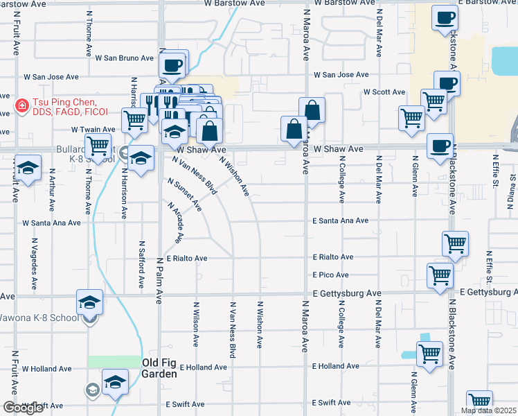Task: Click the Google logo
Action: (x=23, y=408)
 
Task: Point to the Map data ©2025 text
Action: (x=488, y=410)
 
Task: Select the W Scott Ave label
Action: (x=384, y=92)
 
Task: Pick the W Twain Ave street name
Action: (x=93, y=130)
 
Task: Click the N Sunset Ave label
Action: (x=184, y=195)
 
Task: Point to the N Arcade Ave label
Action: (x=174, y=223)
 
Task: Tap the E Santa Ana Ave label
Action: (x=340, y=220)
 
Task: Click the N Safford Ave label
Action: (x=141, y=265)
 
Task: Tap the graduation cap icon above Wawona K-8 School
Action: (x=89, y=302)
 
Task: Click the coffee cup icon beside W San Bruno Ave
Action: (x=172, y=66)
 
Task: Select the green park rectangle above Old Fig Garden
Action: (x=114, y=361)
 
